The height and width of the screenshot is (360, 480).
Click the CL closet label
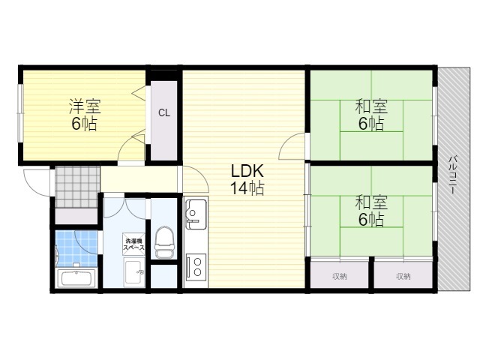click(x=164, y=113)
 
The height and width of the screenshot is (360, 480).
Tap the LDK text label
click(x=247, y=171)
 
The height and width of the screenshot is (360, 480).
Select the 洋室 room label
click(x=85, y=106)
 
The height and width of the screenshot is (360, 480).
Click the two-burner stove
click(x=196, y=267)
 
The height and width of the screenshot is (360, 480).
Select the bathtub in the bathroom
click(x=76, y=278)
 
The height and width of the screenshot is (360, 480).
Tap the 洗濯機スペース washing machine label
click(x=133, y=244)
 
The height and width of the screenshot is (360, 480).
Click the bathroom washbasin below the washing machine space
click(x=134, y=271)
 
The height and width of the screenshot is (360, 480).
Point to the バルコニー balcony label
click(x=453, y=175)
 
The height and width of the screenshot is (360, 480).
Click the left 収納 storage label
click(x=340, y=276)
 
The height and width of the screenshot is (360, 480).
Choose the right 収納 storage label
click(x=403, y=276)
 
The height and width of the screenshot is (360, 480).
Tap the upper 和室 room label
click(x=371, y=106)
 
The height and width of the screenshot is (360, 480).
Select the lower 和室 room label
click(x=371, y=202)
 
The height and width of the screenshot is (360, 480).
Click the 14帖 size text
click(x=247, y=187)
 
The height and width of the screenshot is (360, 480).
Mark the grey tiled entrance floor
click(x=78, y=187)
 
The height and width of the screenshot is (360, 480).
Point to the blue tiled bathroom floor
click(x=76, y=248)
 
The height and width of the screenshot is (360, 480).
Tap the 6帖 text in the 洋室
click(x=85, y=123)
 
